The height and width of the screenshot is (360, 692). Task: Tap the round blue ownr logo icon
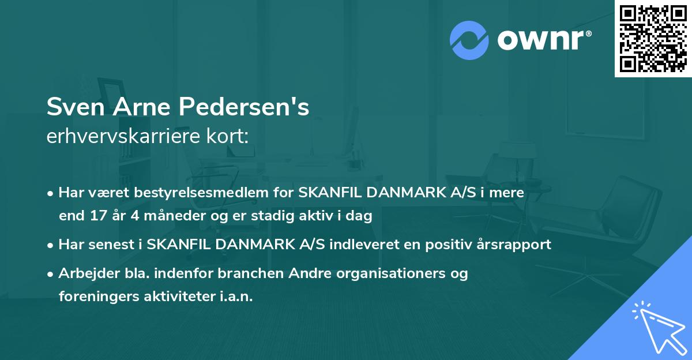pyautogui.click(x=469, y=40)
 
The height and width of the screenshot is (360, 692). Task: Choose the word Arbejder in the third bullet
pyautogui.click(x=83, y=273)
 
